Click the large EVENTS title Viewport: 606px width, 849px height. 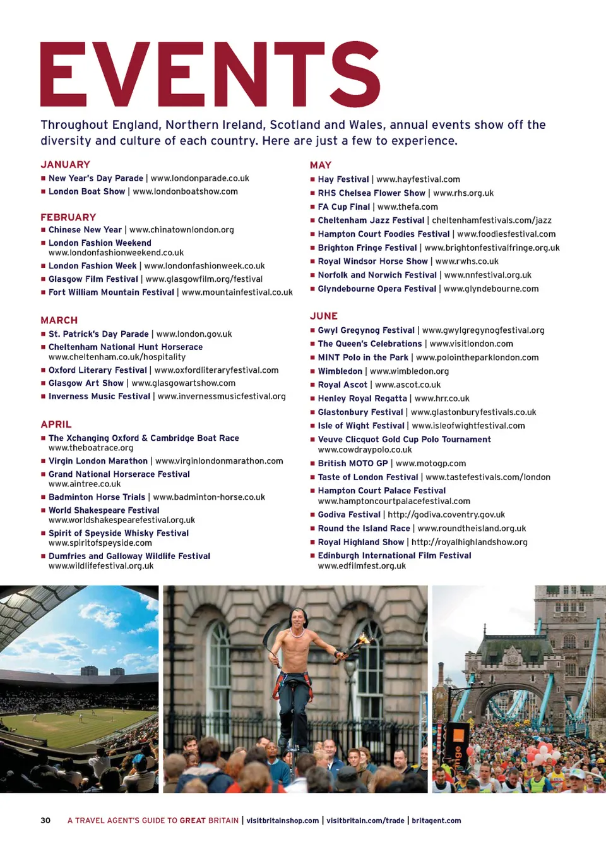pos(210,75)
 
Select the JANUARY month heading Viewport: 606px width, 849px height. pos(65,164)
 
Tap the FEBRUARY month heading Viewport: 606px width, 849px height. pos(68,217)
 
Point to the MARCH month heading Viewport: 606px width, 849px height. pos(59,320)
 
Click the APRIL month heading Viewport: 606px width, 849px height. pos(56,424)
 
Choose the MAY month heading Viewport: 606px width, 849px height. pos(321,165)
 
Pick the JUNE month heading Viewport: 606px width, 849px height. pos(324,316)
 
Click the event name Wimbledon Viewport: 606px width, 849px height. pos(340,371)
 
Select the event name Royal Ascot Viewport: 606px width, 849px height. pos(342,385)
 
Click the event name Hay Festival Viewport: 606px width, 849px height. pos(343,179)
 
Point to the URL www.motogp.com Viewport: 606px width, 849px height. pos(431,463)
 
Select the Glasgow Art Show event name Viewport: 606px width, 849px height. pos(86,383)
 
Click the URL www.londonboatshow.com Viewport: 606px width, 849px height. pos(185,191)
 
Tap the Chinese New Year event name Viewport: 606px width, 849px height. pos(85,230)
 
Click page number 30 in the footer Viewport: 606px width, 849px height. pos(45,821)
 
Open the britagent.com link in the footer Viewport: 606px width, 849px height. pos(436,821)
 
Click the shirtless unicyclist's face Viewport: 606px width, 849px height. pos(299,619)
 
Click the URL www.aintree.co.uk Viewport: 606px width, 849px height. pos(85,484)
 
